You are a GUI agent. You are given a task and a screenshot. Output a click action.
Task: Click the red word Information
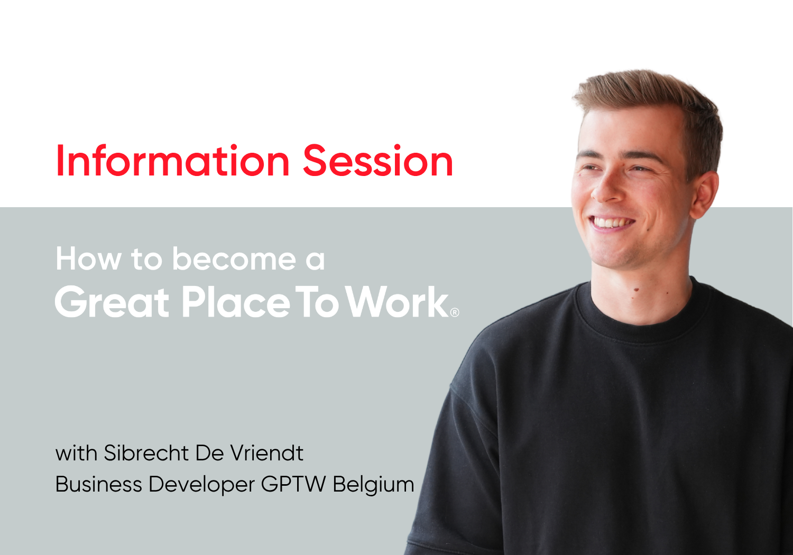(x=173, y=160)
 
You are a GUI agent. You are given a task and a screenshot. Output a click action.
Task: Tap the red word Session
(x=378, y=160)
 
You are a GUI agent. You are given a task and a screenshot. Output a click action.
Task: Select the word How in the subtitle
(x=89, y=259)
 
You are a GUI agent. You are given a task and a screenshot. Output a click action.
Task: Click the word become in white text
(x=234, y=259)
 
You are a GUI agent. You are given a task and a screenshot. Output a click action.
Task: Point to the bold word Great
(x=112, y=301)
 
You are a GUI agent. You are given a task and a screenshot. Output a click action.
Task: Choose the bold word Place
(x=236, y=301)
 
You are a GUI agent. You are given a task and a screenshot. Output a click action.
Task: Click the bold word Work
(x=397, y=301)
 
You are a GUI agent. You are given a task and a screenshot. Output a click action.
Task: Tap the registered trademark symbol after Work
(x=455, y=312)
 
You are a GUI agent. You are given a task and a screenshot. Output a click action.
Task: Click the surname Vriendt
(x=267, y=452)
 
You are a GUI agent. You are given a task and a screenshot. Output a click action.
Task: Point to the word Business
(x=99, y=484)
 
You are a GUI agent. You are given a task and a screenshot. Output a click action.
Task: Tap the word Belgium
(x=373, y=485)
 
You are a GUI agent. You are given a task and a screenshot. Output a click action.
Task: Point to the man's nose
(x=606, y=188)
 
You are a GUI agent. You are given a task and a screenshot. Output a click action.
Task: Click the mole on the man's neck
(x=636, y=290)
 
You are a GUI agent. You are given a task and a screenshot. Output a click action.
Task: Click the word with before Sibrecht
(x=76, y=452)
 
